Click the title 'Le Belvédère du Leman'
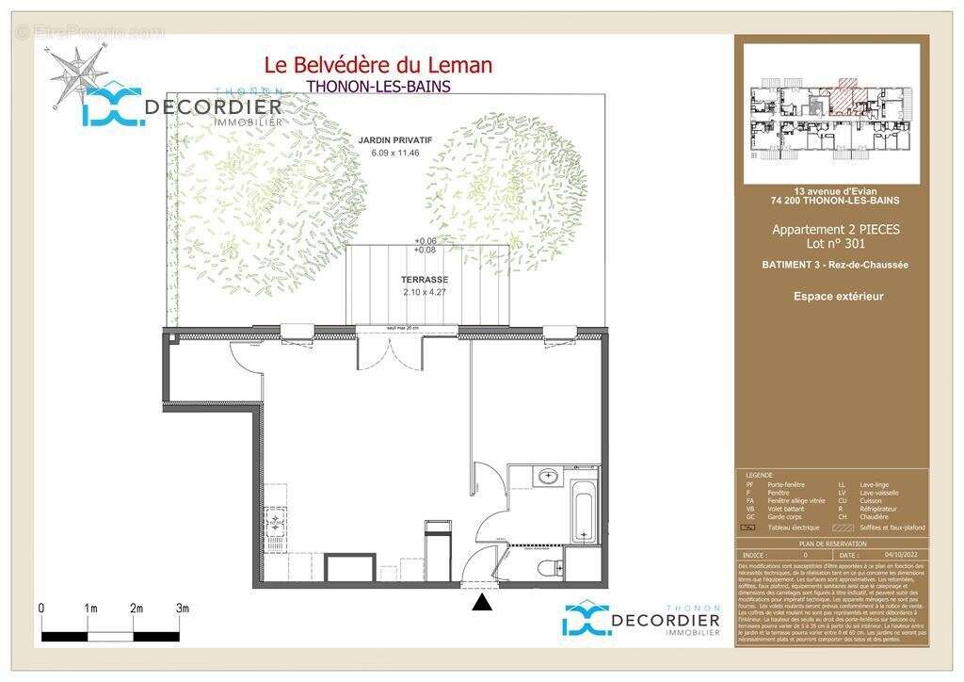[378, 65]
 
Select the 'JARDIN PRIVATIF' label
[395, 139]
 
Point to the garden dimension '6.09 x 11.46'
[395, 152]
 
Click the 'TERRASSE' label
[426, 280]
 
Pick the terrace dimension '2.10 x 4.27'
[426, 292]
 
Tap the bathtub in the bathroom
[584, 512]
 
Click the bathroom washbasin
[547, 477]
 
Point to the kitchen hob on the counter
[276, 519]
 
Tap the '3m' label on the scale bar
[183, 609]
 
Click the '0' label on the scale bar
[41, 609]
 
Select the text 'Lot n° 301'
[836, 244]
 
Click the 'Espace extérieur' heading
[838, 297]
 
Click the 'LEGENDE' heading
[759, 476]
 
